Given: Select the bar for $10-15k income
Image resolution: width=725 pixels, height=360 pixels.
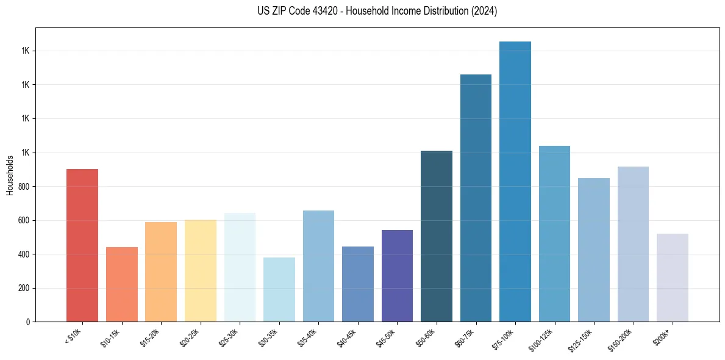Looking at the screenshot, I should pos(122,284).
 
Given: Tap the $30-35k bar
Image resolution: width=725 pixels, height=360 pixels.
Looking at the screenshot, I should pos(279,289).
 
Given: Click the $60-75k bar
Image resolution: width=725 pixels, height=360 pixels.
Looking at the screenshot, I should pos(476,198).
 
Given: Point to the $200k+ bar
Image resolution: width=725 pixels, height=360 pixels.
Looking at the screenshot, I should pos(673,278).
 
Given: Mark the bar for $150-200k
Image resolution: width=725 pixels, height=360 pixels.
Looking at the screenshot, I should pos(633,244).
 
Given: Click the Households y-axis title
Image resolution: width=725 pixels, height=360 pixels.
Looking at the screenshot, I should pos(10,175).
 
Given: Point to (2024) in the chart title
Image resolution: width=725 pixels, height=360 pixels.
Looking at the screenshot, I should pos(484,11).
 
